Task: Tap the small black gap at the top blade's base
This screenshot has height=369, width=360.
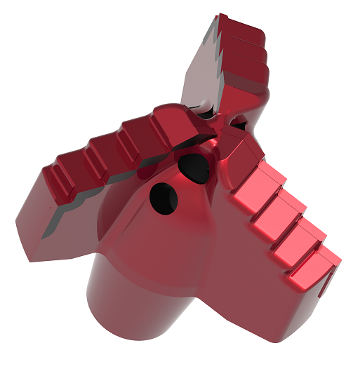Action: tap(204, 107)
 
